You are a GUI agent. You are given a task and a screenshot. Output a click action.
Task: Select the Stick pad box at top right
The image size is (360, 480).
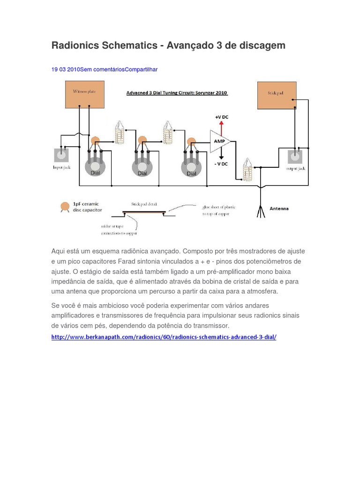[x=276, y=96]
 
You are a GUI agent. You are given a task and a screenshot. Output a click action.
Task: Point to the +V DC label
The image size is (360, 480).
[x=222, y=116]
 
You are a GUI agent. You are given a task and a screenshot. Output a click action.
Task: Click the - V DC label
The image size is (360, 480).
[x=221, y=164]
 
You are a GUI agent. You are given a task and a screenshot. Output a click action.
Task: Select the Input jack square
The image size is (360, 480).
[x=61, y=156]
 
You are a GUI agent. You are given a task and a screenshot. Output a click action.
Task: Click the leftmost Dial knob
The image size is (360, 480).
[x=95, y=166]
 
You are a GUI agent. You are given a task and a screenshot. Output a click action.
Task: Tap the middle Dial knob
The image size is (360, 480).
[x=142, y=166]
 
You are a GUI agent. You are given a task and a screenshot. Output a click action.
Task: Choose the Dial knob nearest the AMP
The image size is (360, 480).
[x=191, y=167]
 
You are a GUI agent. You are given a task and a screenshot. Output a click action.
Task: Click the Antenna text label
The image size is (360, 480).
[x=279, y=209]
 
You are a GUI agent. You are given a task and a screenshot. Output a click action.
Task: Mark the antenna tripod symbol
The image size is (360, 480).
[x=260, y=210]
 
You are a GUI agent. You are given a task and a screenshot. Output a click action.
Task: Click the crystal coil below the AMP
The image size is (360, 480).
[x=247, y=170]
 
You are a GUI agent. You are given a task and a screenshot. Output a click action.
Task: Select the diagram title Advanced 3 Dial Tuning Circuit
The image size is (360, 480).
[x=177, y=93]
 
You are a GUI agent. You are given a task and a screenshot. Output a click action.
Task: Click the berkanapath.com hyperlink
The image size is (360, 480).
[x=164, y=337]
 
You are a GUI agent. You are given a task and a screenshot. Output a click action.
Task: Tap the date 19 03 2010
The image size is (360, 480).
[x=65, y=69]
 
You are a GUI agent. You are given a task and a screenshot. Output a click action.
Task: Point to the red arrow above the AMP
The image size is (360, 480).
[x=222, y=125]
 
